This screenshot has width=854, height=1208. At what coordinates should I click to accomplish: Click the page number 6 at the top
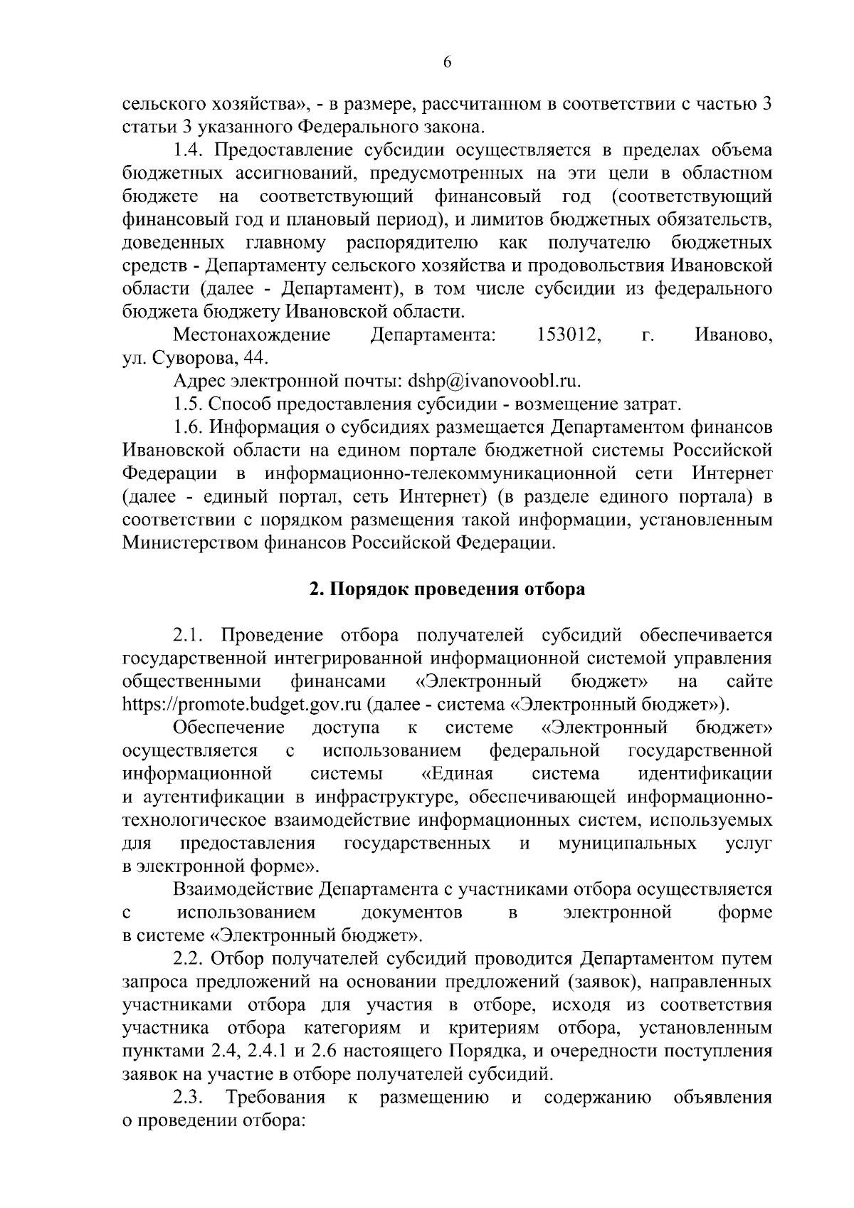pyautogui.click(x=447, y=62)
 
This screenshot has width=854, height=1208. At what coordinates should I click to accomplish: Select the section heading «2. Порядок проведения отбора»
pyautogui.click(x=447, y=589)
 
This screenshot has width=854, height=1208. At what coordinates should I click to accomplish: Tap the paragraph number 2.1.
pyautogui.click(x=189, y=636)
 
